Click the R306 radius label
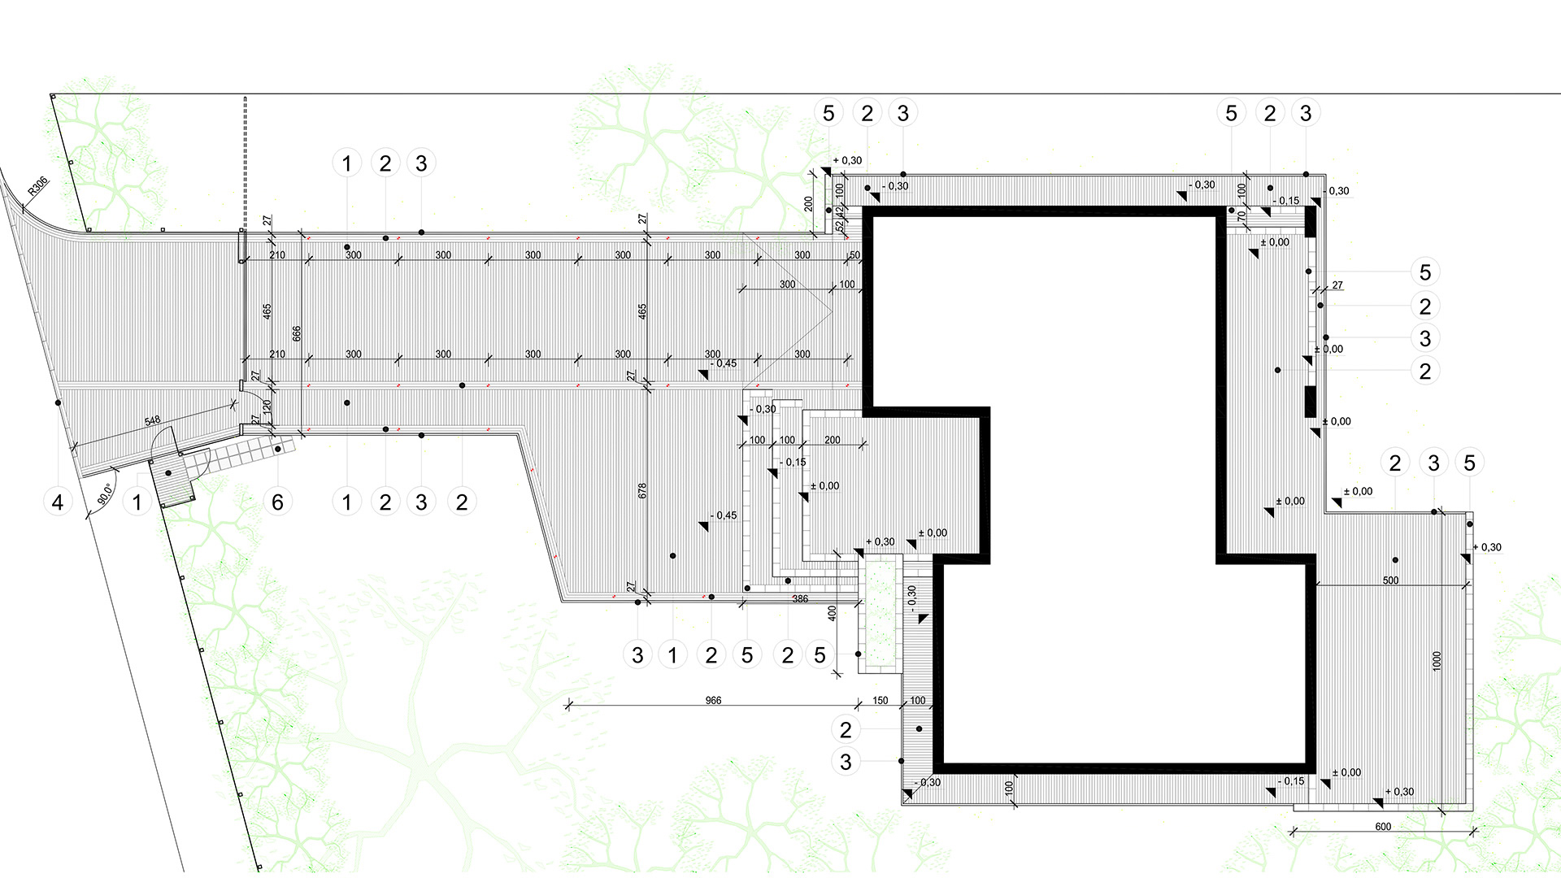38,187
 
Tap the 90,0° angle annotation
105,494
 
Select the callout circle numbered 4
58,502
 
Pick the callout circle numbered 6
277,502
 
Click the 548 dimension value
152,421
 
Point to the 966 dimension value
713,700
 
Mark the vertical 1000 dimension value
1437,661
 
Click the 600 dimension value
1383,827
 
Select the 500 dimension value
1391,580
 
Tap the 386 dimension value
800,599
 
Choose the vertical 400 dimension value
832,613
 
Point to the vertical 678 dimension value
642,491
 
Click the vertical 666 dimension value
297,333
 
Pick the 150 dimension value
881,700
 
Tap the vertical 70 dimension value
1241,216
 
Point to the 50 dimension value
854,255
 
